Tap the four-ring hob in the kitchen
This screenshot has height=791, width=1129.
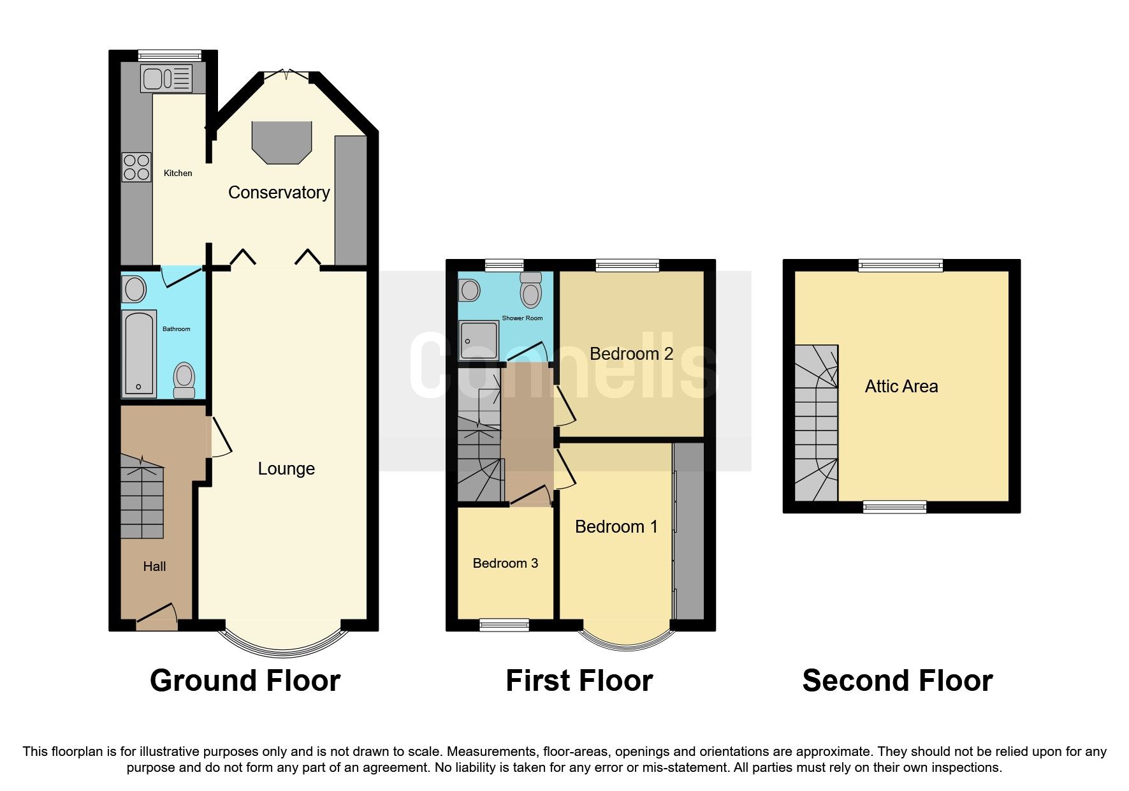[136, 167]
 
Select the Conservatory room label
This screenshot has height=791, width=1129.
[279, 193]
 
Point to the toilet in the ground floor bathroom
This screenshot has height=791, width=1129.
[184, 380]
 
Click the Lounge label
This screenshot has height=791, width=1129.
[286, 469]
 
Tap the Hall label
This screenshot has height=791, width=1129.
[154, 566]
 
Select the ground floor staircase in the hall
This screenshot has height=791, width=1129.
[142, 498]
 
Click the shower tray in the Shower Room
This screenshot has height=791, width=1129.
[478, 341]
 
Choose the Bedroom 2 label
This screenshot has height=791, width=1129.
[631, 354]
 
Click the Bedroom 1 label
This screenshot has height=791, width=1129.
[616, 527]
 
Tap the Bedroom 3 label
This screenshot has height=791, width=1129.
[505, 563]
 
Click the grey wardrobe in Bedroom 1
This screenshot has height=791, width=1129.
[689, 529]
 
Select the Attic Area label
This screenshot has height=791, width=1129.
[901, 387]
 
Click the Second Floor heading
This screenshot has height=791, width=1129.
[897, 681]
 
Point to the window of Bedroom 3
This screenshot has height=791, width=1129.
[504, 625]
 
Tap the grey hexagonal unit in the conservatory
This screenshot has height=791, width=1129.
[282, 142]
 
